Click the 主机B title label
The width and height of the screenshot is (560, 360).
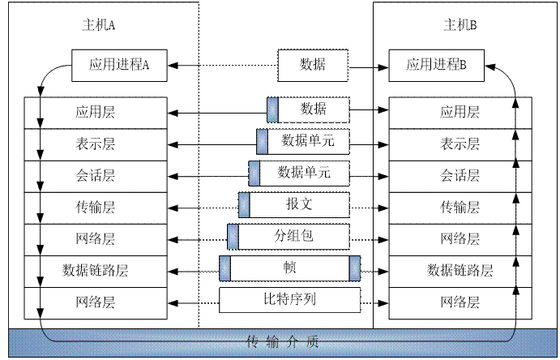(x=460, y=25)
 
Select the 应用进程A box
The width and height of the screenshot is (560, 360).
(x=119, y=66)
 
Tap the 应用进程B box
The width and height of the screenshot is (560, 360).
(x=437, y=66)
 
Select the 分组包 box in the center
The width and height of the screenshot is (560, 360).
(x=293, y=236)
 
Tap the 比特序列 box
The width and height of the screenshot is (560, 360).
(x=290, y=299)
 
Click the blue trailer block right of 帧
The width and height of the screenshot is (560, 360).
(x=354, y=268)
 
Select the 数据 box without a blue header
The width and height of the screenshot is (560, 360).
(x=313, y=65)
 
